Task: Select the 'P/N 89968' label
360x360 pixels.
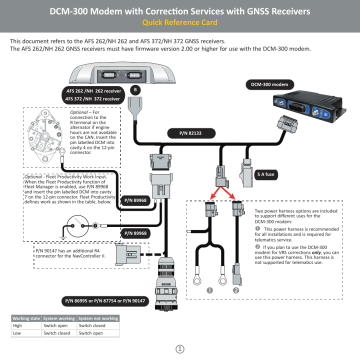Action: [x=134, y=201]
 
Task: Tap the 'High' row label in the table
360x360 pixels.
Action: [x=18, y=325]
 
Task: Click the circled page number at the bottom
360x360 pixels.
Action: [x=180, y=348]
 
